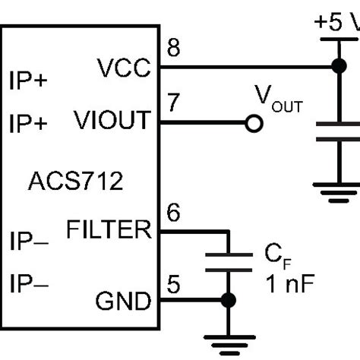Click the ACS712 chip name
(75, 182)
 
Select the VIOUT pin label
(112, 121)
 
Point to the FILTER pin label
(109, 229)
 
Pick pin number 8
(173, 50)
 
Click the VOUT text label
(277, 98)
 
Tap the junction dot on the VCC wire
(335, 67)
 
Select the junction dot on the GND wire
(227, 301)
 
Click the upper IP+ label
(28, 81)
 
